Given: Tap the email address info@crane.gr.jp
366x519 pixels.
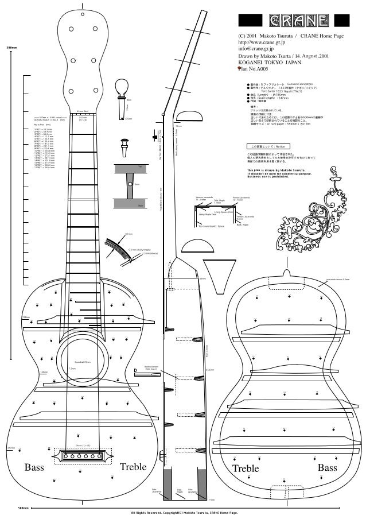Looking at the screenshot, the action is [x=258, y=49].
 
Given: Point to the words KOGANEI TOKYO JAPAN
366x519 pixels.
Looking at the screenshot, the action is [x=269, y=63].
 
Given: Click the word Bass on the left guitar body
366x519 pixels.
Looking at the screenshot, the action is [x=34, y=468].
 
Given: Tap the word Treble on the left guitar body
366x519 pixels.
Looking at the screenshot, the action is [x=133, y=468].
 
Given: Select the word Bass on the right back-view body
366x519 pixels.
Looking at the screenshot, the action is [x=328, y=468].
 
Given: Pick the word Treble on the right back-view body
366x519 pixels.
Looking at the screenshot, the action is [x=246, y=469].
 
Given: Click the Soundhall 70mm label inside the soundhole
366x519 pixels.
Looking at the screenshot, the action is [x=84, y=363].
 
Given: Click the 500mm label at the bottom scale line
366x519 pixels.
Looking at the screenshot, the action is [x=23, y=508].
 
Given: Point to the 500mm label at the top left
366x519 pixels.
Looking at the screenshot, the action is [x=11, y=47].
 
